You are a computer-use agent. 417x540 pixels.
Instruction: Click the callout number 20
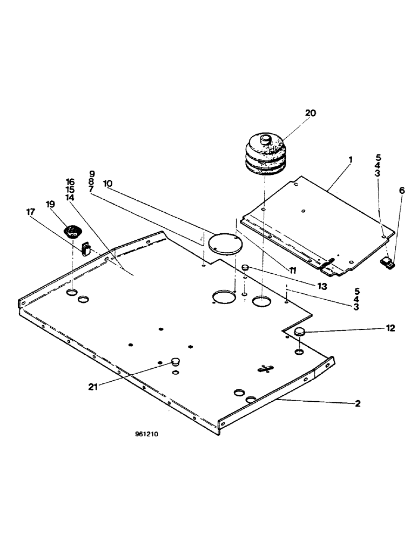(310, 113)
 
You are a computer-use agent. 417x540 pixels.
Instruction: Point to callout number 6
(401, 191)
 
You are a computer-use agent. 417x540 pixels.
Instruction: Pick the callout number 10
(107, 184)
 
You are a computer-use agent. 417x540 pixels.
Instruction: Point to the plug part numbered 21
(174, 361)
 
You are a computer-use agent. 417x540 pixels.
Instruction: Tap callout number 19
(50, 205)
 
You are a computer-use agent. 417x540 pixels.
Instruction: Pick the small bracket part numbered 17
(85, 248)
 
